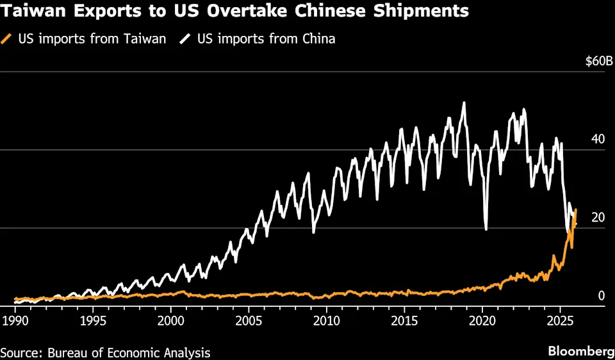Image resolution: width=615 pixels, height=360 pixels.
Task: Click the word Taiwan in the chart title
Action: pos(35,11)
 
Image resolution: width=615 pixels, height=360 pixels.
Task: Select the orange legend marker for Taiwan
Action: pos(8,39)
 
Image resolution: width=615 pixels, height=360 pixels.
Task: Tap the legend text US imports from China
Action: pos(266,39)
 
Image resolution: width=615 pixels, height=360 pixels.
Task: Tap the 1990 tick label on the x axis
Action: pos(15,320)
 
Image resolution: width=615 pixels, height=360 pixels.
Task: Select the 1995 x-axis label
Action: pos(93,320)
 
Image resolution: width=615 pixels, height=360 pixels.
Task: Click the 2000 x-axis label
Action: pos(171,320)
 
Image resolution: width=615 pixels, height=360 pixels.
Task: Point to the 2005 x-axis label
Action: pos(249,320)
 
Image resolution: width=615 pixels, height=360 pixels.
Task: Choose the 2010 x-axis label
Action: pos(327,320)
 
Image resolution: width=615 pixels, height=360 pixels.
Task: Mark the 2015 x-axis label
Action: pos(404,320)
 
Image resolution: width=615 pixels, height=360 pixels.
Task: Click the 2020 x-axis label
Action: pos(482,320)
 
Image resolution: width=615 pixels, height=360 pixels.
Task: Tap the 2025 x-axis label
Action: pos(560,320)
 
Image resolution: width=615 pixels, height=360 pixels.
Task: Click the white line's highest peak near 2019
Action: pos(464,102)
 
